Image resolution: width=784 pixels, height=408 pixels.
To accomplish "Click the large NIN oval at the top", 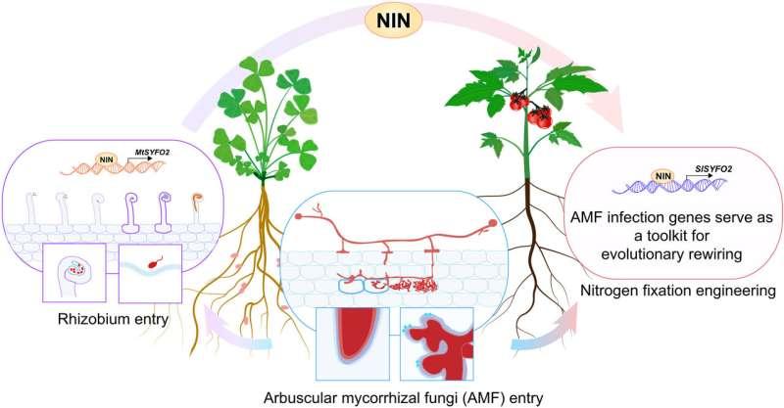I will click(x=392, y=20).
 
